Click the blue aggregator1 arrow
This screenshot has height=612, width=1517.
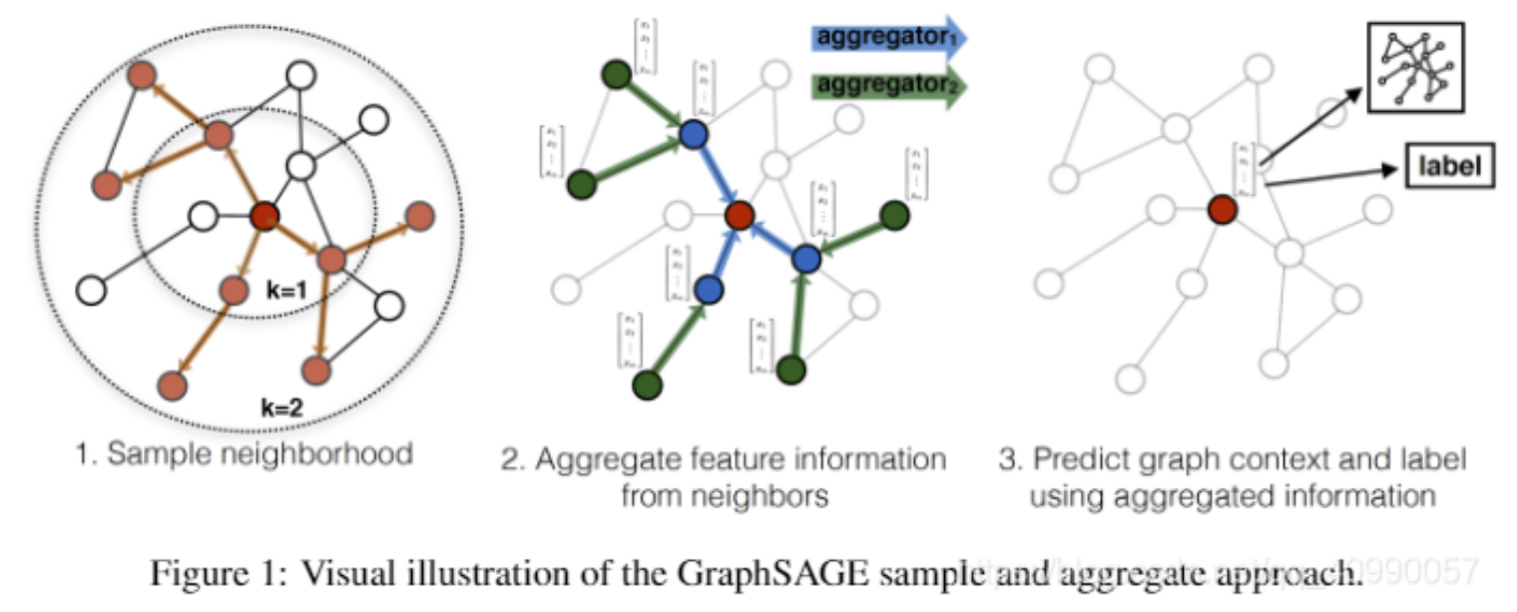(x=885, y=37)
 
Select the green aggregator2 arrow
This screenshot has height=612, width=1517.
(x=885, y=86)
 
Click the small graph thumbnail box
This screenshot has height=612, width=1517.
(x=1414, y=69)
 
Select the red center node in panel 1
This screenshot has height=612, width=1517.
(x=264, y=215)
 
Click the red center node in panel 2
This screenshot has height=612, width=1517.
(x=739, y=214)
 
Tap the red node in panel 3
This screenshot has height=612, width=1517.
(x=1223, y=210)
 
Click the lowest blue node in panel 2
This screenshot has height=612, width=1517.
(x=710, y=290)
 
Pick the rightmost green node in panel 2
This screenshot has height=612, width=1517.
(x=894, y=214)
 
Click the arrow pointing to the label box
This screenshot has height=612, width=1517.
(x=1332, y=175)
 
